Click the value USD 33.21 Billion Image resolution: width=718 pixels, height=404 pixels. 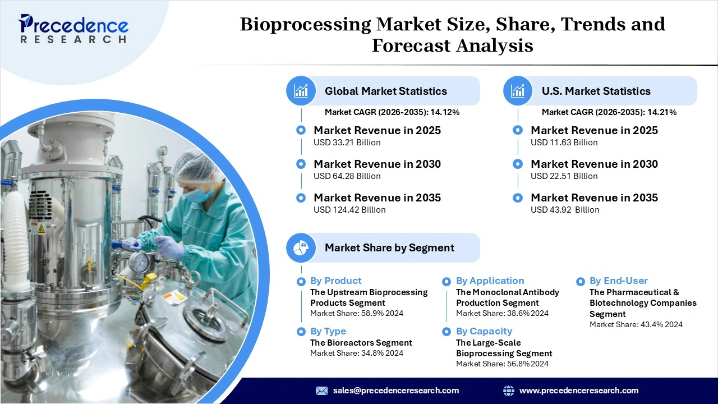pos(347,143)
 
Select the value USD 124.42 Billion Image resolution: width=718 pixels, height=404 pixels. pos(349,210)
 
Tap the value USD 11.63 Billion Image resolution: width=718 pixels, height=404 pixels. pos(564,143)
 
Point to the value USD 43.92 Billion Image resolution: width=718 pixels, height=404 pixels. pos(565,210)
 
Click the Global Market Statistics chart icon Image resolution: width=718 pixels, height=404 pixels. pos(301,91)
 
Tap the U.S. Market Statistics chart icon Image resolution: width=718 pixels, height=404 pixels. pos(518,91)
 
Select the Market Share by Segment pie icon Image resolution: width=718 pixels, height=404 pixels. pos(301,247)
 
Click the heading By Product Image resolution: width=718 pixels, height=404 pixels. pos(335,281)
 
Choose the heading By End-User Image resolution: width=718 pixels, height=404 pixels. pos(618,281)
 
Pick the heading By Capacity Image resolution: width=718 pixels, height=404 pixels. pos(484,331)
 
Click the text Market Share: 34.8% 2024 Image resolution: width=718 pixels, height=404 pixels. pos(356,353)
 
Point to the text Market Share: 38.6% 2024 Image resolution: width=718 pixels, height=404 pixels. pos(502,313)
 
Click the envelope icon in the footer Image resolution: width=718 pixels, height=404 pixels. pos(321,391)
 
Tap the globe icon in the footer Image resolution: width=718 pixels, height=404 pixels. pos(508,391)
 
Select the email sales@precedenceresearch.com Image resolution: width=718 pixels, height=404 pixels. pos(395,391)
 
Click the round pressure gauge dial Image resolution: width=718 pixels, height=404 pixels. pos(139,261)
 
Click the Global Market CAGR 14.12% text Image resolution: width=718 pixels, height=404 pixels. pos(392,112)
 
